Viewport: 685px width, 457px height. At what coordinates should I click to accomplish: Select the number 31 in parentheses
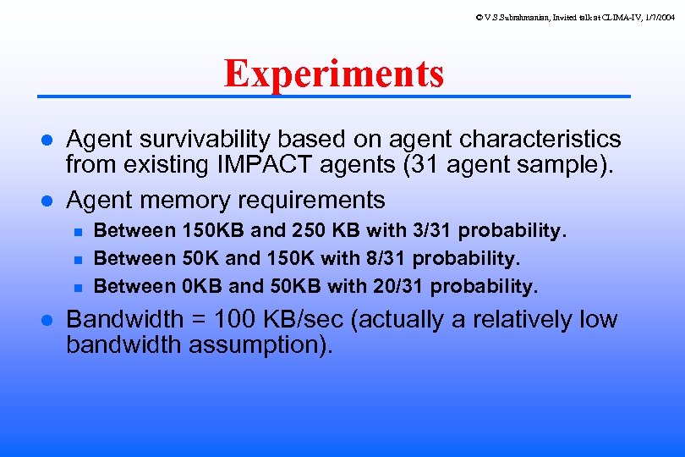click(x=427, y=165)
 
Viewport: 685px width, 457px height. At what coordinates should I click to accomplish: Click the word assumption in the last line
click(x=262, y=345)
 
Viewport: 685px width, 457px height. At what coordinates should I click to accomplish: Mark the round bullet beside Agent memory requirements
click(x=48, y=201)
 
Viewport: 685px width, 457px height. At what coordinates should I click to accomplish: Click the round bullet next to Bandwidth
click(x=48, y=321)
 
